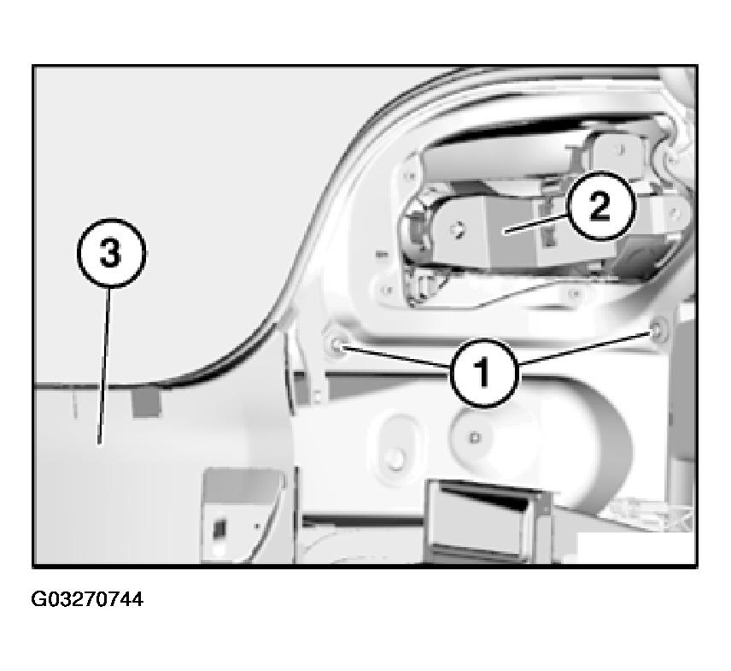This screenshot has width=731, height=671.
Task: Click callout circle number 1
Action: tap(484, 373)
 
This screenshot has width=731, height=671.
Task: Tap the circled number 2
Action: tap(600, 206)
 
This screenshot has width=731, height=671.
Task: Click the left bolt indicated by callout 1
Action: tap(336, 344)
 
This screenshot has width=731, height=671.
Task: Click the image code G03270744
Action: tap(87, 599)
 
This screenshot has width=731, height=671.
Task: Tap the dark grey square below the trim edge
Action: tap(146, 403)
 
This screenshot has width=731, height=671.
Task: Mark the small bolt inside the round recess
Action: tap(475, 438)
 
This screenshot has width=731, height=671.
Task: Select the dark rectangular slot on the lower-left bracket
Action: tap(219, 530)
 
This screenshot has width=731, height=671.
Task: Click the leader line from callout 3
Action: tap(105, 367)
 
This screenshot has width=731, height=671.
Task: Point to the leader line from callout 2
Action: tap(537, 222)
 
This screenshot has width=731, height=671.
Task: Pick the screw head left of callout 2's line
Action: tap(456, 229)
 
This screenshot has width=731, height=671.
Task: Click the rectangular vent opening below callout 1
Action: tap(485, 519)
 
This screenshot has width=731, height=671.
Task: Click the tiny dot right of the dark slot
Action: tap(257, 526)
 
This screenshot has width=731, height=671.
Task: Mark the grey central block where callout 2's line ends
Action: tap(509, 231)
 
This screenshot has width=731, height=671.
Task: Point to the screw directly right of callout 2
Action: tap(673, 214)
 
